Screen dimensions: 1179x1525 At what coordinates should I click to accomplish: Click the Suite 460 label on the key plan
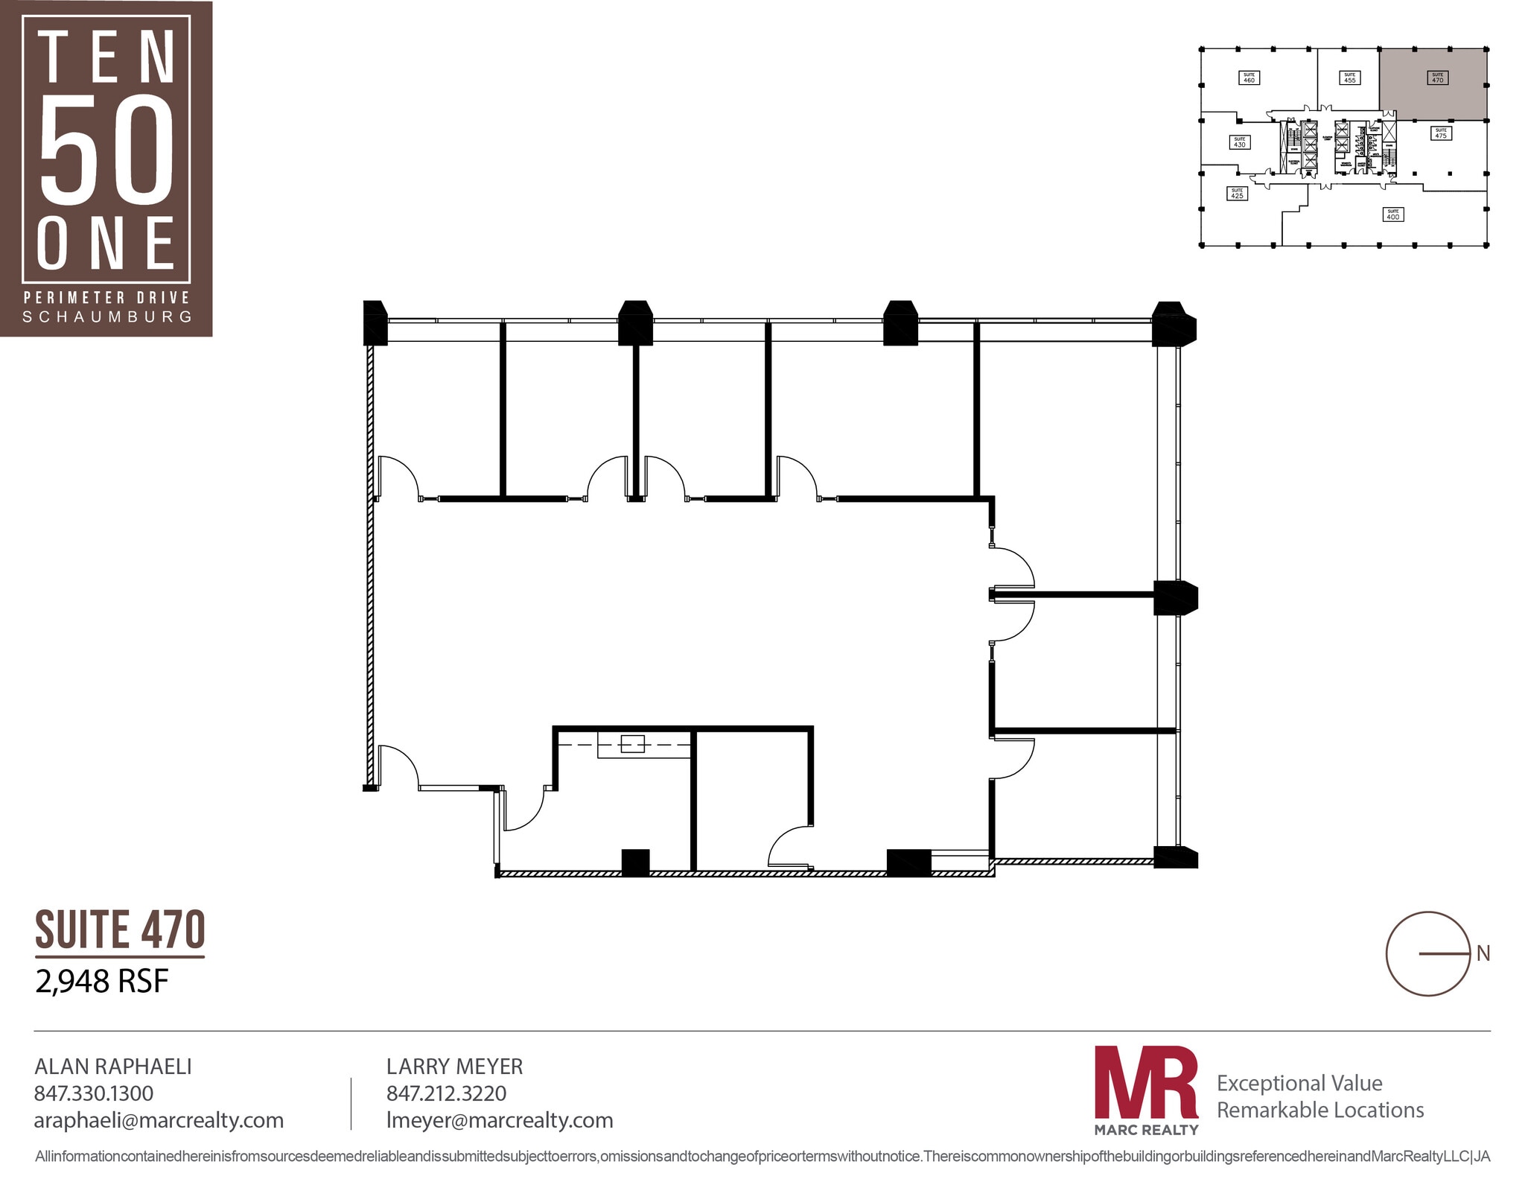(1249, 77)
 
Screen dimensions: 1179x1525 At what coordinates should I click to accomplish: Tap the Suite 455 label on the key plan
(1349, 77)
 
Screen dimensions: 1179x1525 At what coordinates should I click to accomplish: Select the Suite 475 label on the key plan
(1441, 133)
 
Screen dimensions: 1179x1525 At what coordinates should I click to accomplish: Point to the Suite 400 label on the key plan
(1392, 214)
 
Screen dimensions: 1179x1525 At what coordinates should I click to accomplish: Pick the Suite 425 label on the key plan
(1237, 193)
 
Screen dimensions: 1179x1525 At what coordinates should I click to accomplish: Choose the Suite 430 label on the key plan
(1239, 142)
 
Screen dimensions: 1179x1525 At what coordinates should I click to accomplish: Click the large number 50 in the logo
(106, 150)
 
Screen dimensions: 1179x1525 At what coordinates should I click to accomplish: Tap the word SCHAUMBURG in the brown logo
(106, 317)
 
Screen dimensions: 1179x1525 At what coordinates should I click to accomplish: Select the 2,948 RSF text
(102, 982)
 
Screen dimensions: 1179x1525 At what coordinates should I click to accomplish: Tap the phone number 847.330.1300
(94, 1093)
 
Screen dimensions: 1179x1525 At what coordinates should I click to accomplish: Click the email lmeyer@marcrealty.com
(500, 1120)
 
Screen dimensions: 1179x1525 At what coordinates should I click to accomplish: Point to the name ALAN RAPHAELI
(113, 1067)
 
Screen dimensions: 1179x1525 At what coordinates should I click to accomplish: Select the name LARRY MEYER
(454, 1067)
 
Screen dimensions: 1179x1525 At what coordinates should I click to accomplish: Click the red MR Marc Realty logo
(1146, 1090)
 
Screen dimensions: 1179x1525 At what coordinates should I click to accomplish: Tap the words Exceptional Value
(1299, 1083)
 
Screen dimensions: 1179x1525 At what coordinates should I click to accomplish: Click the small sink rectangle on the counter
(632, 743)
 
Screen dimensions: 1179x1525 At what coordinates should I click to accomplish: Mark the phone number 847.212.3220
(446, 1093)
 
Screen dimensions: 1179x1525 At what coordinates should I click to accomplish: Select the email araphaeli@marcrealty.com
(159, 1120)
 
